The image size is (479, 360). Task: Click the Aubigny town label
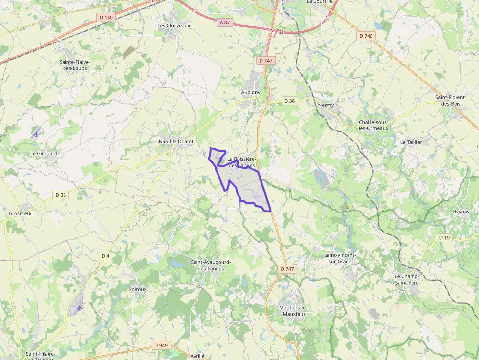point(251,92)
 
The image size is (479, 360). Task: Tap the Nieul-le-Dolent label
point(176,141)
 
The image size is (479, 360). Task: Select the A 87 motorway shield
point(224,22)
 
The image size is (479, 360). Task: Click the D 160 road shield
point(106,18)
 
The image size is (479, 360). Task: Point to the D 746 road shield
point(366,36)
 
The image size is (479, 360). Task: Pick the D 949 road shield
point(160,345)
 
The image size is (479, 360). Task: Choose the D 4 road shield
point(106,256)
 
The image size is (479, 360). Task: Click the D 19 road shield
point(444,238)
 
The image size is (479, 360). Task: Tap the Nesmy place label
point(326,105)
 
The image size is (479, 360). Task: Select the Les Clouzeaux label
point(174,25)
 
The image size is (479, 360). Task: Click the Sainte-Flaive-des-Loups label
point(75,65)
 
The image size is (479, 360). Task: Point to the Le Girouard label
point(44,153)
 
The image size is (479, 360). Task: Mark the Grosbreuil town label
point(20,213)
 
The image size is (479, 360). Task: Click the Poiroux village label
point(138,289)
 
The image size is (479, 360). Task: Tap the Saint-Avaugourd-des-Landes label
point(211,265)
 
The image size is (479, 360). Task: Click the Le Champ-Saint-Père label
point(407,279)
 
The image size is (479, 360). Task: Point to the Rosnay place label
point(461,212)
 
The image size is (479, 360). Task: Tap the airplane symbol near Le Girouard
point(36,133)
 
